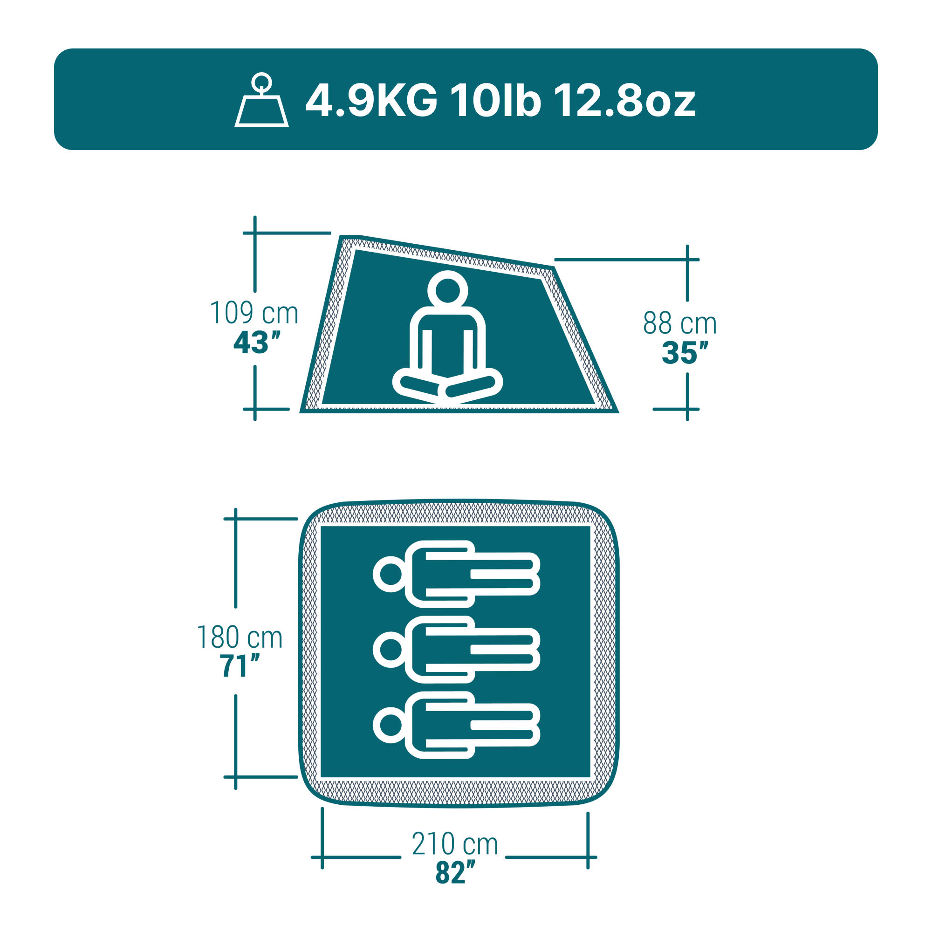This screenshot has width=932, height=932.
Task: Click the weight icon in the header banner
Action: [x=261, y=100]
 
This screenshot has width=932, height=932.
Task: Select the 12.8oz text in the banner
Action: [x=624, y=101]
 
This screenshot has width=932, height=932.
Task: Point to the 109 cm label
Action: [x=254, y=313]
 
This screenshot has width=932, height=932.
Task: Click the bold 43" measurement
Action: [x=256, y=343]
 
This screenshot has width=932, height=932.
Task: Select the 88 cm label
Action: [x=680, y=323]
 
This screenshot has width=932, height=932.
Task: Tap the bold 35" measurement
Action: [x=685, y=353]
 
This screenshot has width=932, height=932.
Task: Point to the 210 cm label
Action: [x=454, y=844]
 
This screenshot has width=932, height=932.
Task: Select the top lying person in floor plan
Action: [x=456, y=574]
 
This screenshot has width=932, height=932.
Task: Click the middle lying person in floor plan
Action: [x=456, y=649]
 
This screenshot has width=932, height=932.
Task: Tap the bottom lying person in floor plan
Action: [x=456, y=725]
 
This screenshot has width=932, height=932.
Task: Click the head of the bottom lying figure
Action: [x=390, y=725]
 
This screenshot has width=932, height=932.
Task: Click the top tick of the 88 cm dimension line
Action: [x=687, y=260]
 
